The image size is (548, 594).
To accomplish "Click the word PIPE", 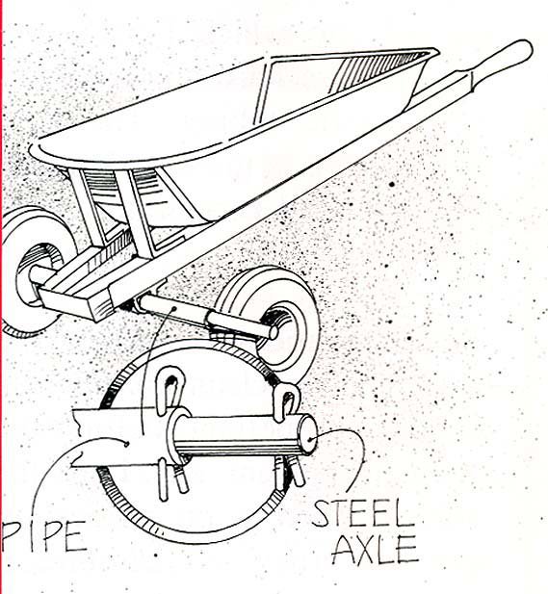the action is pyautogui.click(x=43, y=536).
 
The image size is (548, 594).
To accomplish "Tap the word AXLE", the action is pyautogui.click(x=376, y=550).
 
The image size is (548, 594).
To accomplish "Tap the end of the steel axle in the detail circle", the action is pyautogui.click(x=308, y=434).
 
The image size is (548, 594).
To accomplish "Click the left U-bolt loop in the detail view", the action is pyautogui.click(x=170, y=390).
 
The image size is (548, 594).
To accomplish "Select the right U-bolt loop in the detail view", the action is pyautogui.click(x=287, y=401).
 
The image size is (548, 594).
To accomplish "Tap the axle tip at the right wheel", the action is pyautogui.click(x=274, y=332).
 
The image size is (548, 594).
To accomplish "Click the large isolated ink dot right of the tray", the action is pyautogui.click(x=392, y=185).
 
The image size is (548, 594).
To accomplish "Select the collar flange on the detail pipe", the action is pyautogui.click(x=177, y=436).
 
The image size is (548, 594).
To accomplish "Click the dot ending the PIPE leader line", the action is pyautogui.click(x=126, y=444).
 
